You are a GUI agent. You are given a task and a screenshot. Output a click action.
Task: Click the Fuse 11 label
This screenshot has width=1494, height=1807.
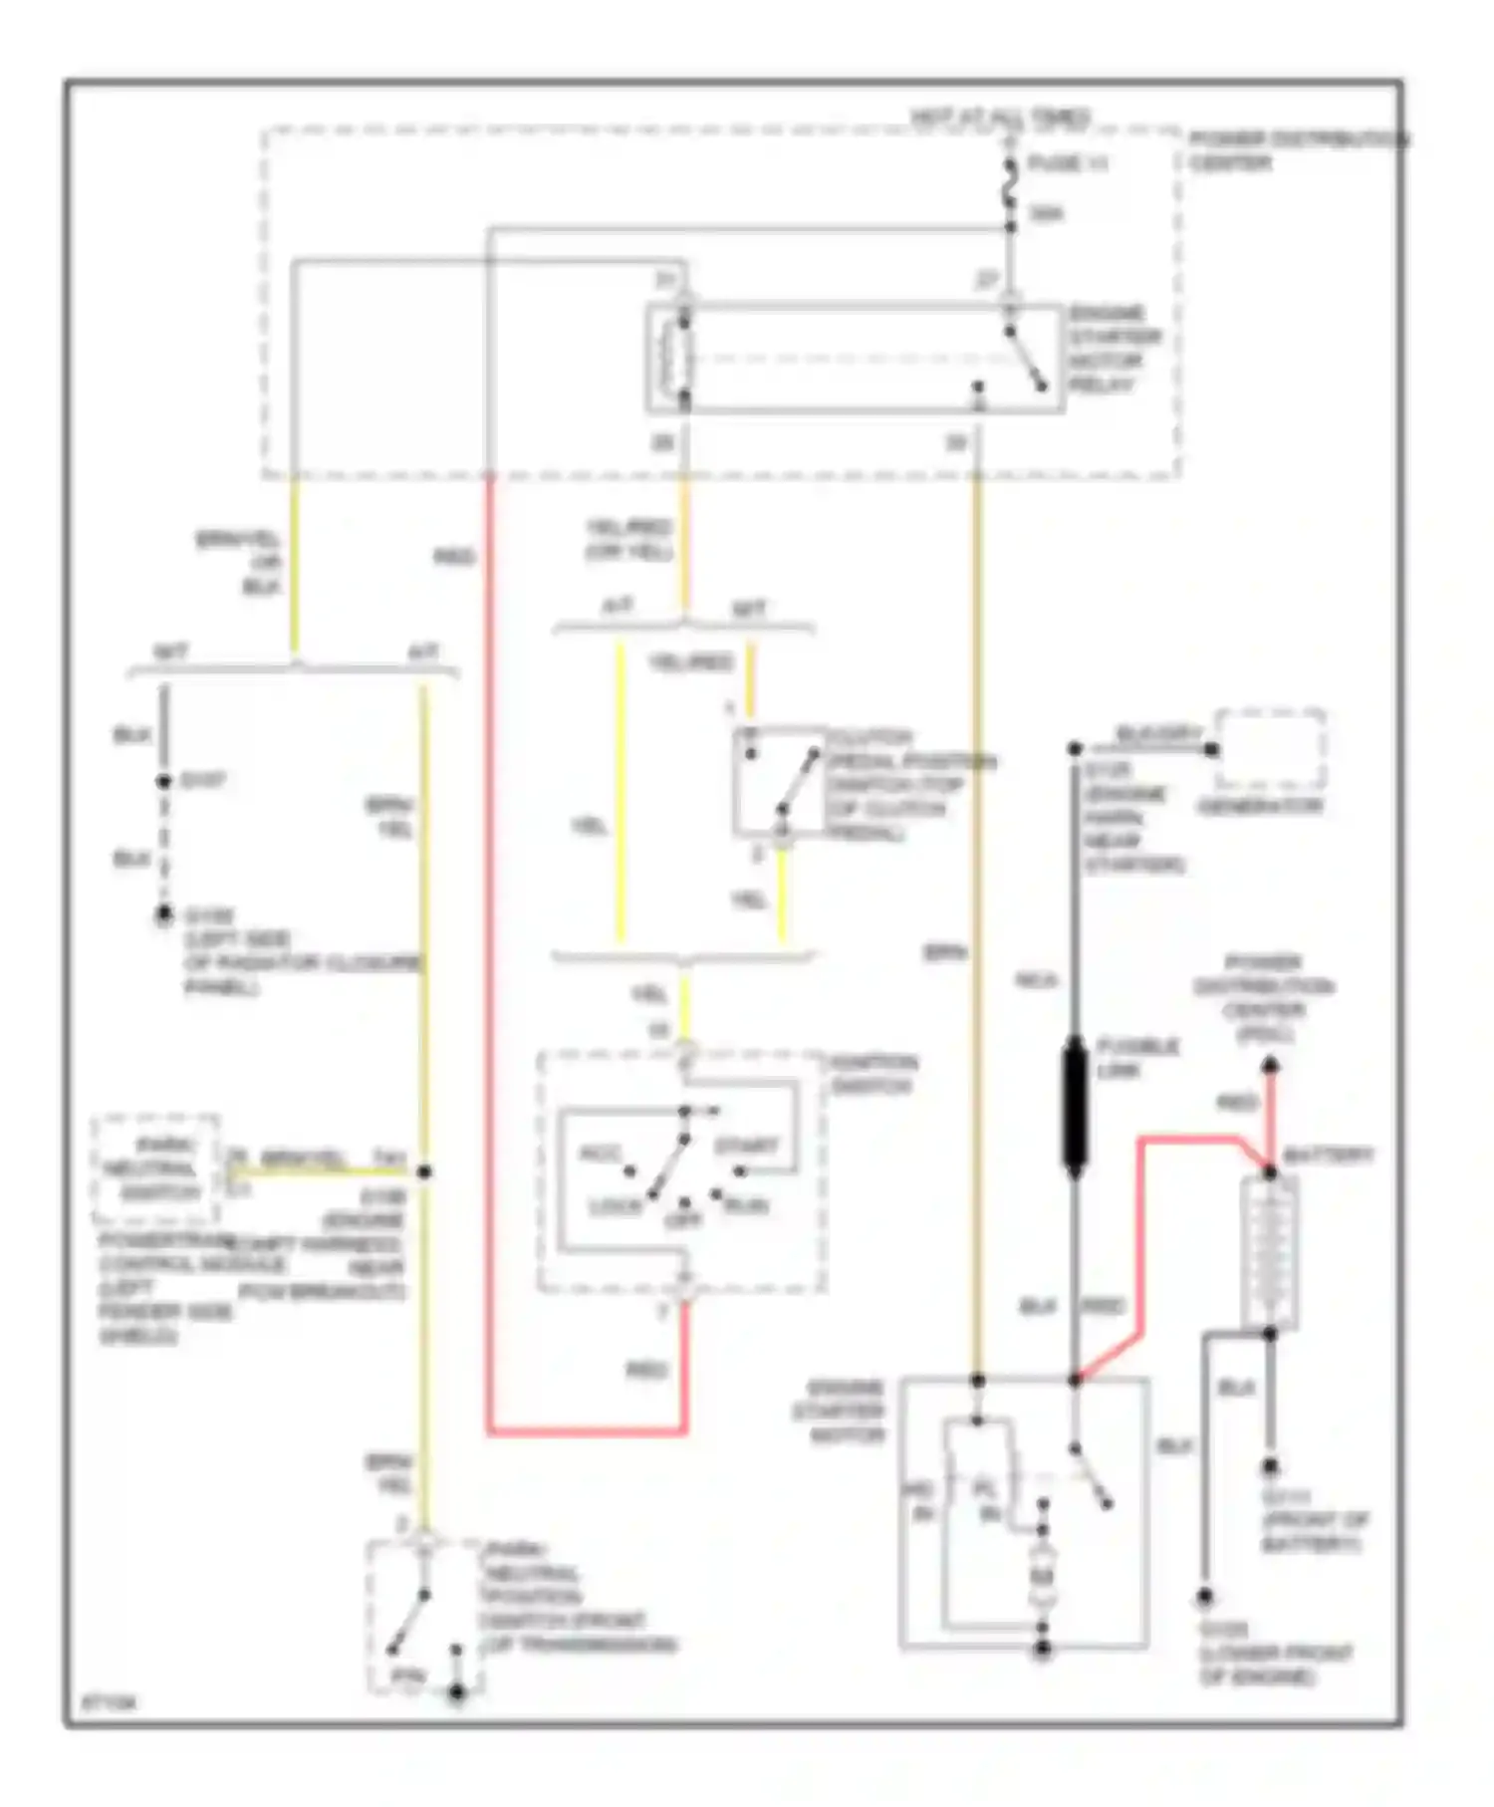pos(1067,164)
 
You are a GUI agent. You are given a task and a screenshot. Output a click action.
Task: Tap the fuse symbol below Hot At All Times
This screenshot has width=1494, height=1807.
pos(1010,188)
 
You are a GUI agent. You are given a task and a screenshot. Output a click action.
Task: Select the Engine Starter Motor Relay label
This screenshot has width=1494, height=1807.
pos(1115,350)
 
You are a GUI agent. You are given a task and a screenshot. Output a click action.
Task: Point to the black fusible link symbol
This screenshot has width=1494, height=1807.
pos(1075,1106)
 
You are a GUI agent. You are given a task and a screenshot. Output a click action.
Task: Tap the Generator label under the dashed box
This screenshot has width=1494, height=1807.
pos(1259,806)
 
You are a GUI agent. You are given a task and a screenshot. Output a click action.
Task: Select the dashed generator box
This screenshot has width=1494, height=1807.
pos(1270,749)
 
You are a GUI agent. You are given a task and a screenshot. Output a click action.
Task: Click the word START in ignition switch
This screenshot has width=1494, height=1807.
pos(746,1145)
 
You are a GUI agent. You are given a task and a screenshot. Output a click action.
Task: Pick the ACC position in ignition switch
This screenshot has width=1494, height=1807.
pos(601,1154)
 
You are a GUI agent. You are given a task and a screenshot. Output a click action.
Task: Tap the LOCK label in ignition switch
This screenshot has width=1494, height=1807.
pos(615,1207)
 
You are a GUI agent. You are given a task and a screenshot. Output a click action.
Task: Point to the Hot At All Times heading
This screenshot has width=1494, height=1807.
pos(1000,118)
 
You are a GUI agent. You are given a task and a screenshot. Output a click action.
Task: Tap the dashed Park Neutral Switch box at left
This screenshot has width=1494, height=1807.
pos(155,1168)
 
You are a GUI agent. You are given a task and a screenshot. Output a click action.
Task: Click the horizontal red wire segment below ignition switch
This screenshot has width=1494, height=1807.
pos(587,1432)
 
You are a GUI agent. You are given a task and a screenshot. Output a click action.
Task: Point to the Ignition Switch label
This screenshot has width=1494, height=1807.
pos(873,1074)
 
